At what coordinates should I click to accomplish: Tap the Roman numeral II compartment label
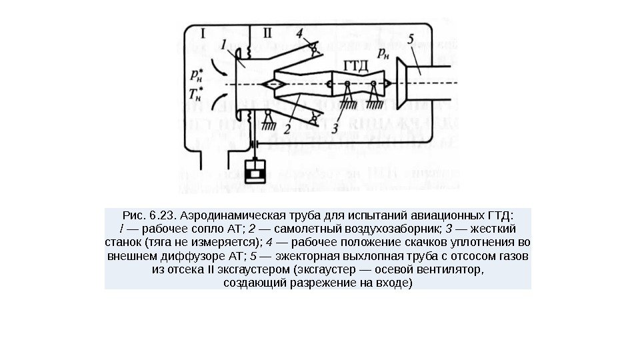(267, 31)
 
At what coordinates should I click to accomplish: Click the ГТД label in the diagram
(356, 65)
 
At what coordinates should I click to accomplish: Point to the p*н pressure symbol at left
(197, 71)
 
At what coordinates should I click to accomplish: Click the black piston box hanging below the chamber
(255, 171)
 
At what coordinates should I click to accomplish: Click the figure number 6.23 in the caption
(162, 215)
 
